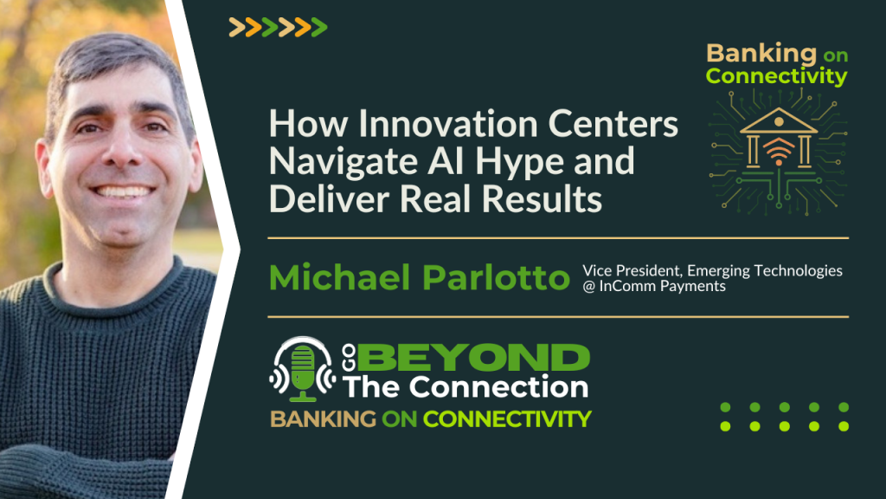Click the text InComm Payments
pyautogui.click(x=666, y=286)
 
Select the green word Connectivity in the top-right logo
pyautogui.click(x=775, y=76)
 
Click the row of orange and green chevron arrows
pyautogui.click(x=278, y=28)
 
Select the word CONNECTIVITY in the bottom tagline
pyautogui.click(x=507, y=420)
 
